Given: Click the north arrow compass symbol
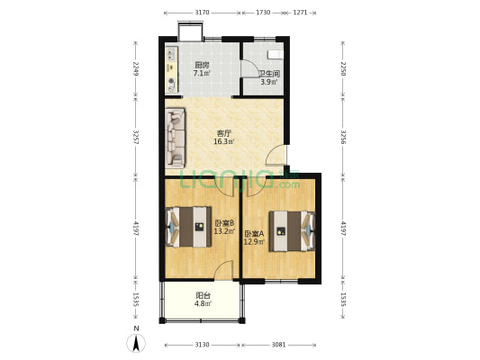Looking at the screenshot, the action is pyautogui.click(x=136, y=343).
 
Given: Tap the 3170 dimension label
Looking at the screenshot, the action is pyautogui.click(x=202, y=13).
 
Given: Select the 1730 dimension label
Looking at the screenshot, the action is pyautogui.click(x=263, y=13).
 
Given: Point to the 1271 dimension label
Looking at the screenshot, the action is pyautogui.click(x=300, y=13).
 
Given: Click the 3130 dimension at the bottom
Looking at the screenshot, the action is pyautogui.click(x=202, y=345).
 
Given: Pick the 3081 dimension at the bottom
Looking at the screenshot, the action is pyautogui.click(x=278, y=345).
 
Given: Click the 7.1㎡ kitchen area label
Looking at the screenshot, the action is pyautogui.click(x=202, y=74).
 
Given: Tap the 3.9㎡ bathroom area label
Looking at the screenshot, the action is pyautogui.click(x=268, y=82).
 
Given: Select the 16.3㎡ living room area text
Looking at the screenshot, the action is pyautogui.click(x=223, y=141).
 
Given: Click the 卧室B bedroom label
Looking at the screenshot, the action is pyautogui.click(x=224, y=222).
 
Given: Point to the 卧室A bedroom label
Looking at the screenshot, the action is pyautogui.click(x=254, y=234).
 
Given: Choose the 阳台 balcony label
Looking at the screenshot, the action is pyautogui.click(x=203, y=295).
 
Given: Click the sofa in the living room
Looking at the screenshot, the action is pyautogui.click(x=175, y=138).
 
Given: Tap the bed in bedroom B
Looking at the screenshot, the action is pyautogui.click(x=188, y=227).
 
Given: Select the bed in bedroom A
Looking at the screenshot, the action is pyautogui.click(x=292, y=231).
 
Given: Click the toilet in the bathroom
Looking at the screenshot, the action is pyautogui.click(x=276, y=55).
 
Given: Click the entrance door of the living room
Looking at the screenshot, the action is pyautogui.click(x=276, y=156).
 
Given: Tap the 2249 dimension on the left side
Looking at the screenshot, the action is pyautogui.click(x=136, y=68).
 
